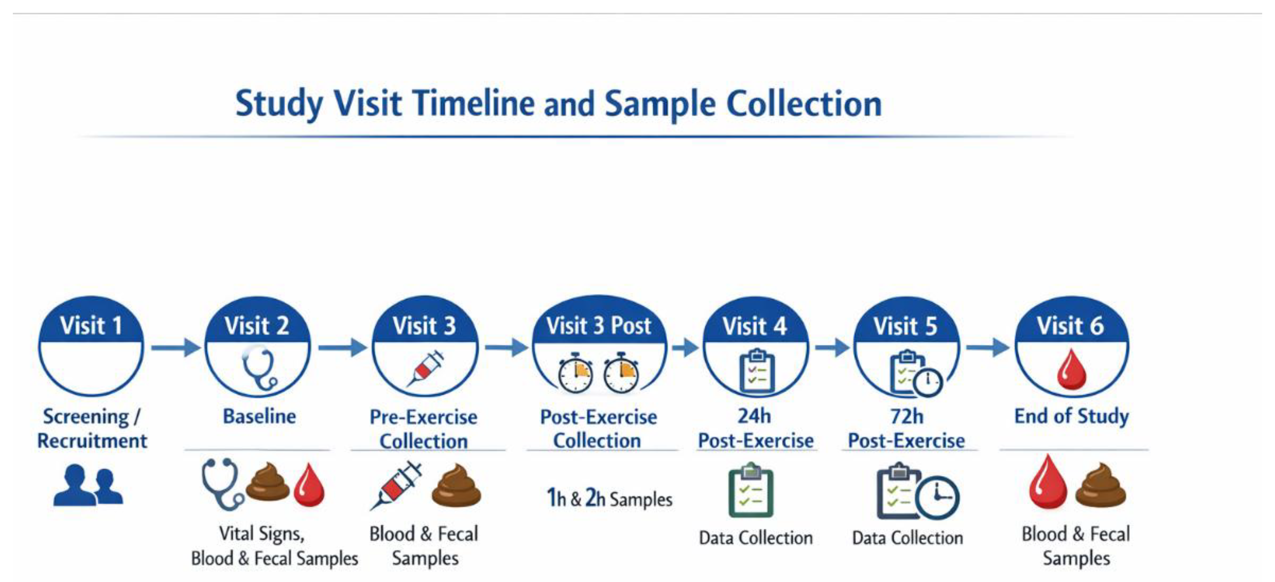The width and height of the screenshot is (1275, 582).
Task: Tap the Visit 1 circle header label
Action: pos(91,326)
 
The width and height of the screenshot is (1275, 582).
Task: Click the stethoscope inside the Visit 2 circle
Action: pos(259,369)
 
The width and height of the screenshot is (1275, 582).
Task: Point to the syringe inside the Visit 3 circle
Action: pos(425,369)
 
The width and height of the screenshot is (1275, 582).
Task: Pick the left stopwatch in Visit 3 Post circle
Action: pos(575,374)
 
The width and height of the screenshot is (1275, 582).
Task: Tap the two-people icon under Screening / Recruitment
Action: pos(88,486)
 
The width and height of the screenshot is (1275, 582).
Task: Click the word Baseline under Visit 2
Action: pos(259,416)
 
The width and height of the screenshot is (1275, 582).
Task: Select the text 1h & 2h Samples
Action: pos(609,498)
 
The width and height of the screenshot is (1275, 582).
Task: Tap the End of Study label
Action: pos(1072,416)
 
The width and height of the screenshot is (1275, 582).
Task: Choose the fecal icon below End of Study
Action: pos(1101,486)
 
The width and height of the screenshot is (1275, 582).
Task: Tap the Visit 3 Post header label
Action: pos(598,326)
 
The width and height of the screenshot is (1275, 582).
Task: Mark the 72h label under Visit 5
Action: pos(907,416)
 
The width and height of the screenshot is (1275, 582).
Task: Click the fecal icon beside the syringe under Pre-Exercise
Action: pos(456,486)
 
